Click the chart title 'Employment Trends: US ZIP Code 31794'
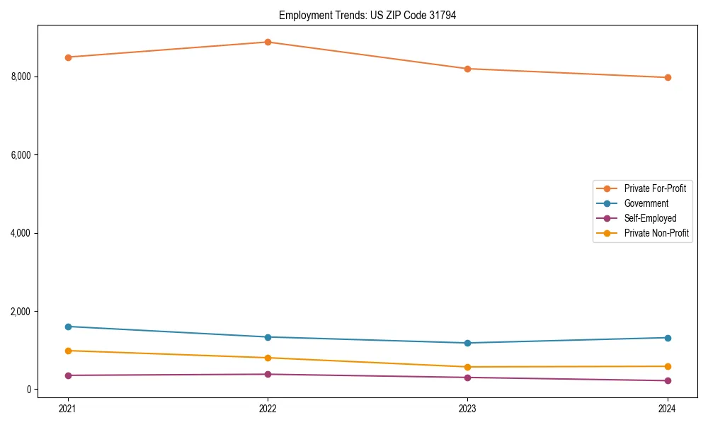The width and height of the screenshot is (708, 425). tap(367, 15)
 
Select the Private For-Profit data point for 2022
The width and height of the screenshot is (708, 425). tap(268, 42)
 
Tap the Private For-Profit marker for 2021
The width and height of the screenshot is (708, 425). tap(68, 57)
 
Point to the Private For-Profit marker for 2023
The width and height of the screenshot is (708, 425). tap(467, 69)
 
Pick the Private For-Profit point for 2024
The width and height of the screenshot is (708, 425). tap(667, 77)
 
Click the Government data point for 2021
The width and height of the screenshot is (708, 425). tap(68, 327)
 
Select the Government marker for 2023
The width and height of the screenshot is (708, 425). tap(467, 343)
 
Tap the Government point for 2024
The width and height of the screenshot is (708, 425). tap(667, 338)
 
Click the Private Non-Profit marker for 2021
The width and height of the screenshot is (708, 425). tap(68, 351)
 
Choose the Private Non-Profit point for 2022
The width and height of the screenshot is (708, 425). tap(268, 358)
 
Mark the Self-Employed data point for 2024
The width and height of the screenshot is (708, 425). tap(667, 381)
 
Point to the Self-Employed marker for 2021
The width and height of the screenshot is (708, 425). tap(68, 375)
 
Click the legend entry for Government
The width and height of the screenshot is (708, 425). tap(646, 203)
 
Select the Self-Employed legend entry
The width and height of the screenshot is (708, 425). tap(650, 218)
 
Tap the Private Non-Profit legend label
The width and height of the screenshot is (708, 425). tap(656, 233)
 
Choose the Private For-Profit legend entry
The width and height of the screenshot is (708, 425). tap(655, 188)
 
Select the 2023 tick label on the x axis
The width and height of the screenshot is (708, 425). tap(467, 408)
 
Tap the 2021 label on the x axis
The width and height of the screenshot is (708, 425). tap(68, 408)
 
